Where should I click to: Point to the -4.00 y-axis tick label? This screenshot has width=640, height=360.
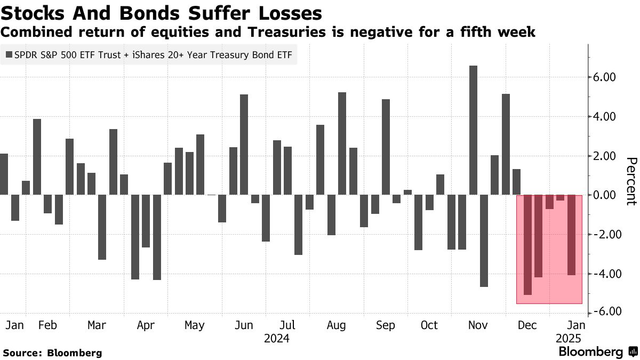click(x=603, y=274)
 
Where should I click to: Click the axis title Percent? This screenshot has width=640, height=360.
click(x=631, y=181)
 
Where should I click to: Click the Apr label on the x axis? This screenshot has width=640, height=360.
click(x=145, y=325)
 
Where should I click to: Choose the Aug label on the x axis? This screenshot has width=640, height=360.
click(x=336, y=325)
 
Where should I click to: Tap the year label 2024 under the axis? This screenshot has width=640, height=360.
click(x=277, y=338)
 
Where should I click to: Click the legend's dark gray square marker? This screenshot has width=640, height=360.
click(x=9, y=55)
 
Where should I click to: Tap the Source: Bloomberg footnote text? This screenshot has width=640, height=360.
click(x=52, y=353)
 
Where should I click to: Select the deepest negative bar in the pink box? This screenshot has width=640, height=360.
click(x=527, y=245)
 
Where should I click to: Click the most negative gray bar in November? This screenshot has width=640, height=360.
click(x=484, y=241)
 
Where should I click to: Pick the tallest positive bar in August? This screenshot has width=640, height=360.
click(x=342, y=143)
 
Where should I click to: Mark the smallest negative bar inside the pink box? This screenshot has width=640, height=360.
click(x=560, y=198)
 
